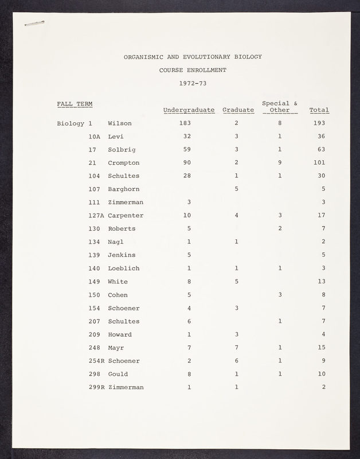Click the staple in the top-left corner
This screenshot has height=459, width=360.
[x=35, y=23]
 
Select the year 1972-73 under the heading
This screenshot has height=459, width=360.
[x=193, y=83]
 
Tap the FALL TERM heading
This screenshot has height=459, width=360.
[x=75, y=104]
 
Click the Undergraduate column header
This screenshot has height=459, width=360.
[x=189, y=110]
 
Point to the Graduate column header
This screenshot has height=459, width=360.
[x=238, y=110]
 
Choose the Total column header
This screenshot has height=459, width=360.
[x=319, y=110]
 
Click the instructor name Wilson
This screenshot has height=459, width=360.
[x=119, y=123]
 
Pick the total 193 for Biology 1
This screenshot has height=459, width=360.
[x=319, y=123]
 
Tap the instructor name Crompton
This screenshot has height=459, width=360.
[x=123, y=163]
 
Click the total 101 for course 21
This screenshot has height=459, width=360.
[x=319, y=163]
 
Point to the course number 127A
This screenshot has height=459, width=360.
[x=97, y=216]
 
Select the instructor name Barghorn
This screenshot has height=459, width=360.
[x=123, y=189]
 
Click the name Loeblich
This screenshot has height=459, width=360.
[x=123, y=269]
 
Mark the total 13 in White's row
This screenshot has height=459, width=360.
[x=322, y=282]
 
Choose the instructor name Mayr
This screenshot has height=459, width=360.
[x=116, y=348]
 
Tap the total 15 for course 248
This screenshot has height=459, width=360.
[x=322, y=348]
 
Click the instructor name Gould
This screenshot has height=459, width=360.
[x=118, y=374]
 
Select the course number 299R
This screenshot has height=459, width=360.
[x=97, y=387]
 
